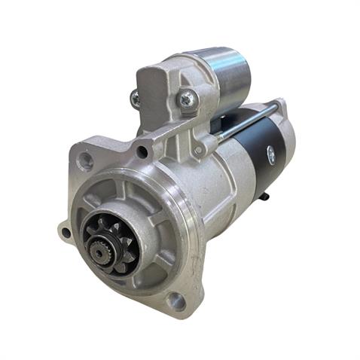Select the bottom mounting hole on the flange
(176, 301)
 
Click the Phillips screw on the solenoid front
(186, 97)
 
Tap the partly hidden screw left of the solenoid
(135, 98)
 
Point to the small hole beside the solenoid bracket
(142, 153)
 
